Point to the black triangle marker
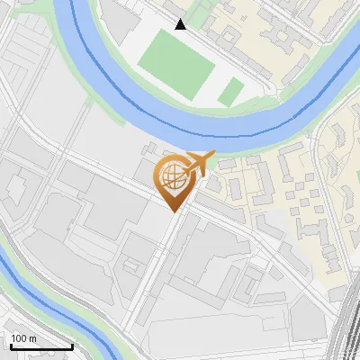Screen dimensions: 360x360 pyautogui.click(x=181, y=24)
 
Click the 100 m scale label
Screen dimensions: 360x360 pyautogui.click(x=23, y=337)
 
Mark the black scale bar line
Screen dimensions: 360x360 pyautogui.click(x=41, y=346)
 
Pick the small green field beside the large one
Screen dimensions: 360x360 pyautogui.click(x=231, y=90)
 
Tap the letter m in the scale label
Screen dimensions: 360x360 pyautogui.click(x=32, y=337)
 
